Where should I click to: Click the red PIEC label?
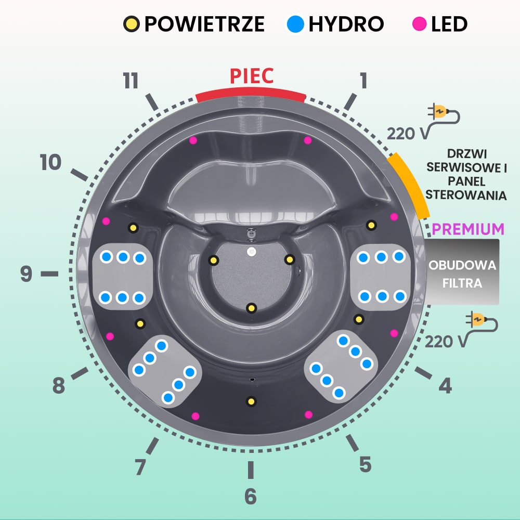pos(252,76)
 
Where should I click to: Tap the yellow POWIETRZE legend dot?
pos(131,23)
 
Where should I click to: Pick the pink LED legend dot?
pos(419,23)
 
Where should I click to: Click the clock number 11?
pos(131,82)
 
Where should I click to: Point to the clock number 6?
pos(251,497)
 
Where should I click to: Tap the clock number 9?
pos(27,274)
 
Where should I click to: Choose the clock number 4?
pos(445,386)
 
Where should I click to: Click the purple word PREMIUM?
pos(468,229)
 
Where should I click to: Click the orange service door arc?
pos(410,185)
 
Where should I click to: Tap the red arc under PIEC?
pos(251,94)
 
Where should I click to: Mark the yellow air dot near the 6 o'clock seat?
pos(251,401)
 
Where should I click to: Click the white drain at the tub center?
pos(251,252)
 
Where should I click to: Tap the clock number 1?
pos(363,81)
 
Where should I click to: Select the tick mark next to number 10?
pos(79,175)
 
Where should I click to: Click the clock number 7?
pos(140,466)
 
